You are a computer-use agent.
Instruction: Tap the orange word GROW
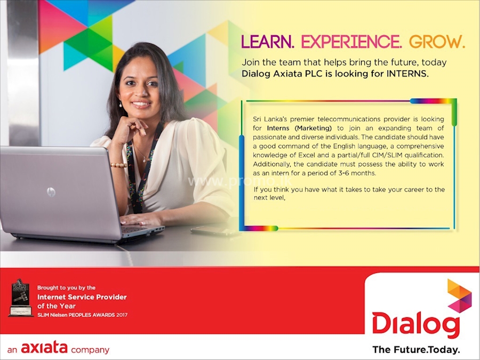click(x=437, y=42)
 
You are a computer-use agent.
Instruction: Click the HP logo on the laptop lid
click(x=51, y=191)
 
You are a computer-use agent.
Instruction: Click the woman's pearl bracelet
click(x=118, y=165)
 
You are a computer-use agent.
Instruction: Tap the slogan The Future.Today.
click(x=416, y=350)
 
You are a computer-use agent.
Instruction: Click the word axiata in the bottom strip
click(x=44, y=349)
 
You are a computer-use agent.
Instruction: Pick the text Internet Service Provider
click(x=82, y=297)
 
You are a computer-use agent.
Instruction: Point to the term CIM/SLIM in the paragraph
click(x=386, y=155)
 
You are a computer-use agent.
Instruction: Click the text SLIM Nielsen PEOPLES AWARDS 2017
click(x=82, y=315)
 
